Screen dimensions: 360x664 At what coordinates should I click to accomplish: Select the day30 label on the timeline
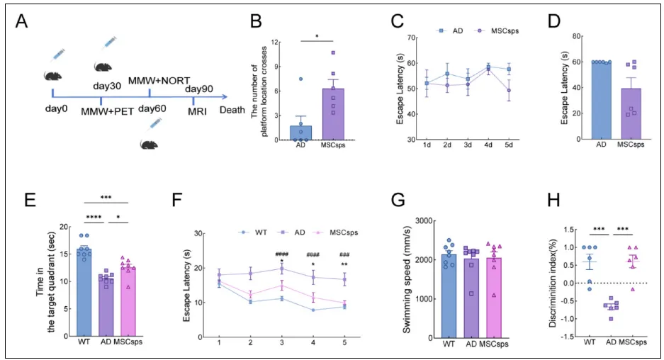[108, 86]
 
